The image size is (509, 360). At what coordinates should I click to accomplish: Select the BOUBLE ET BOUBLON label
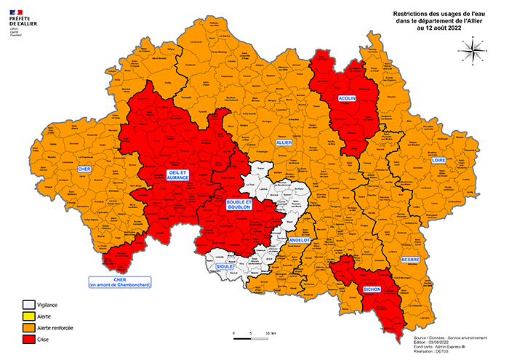[x=238, y=204]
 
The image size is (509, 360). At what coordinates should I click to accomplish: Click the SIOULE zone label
[x=225, y=267]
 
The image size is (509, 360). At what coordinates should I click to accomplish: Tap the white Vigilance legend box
[x=28, y=305]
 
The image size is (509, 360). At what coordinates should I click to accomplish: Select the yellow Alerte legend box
[x=28, y=317]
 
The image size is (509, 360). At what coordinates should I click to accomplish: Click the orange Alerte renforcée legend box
[x=28, y=329]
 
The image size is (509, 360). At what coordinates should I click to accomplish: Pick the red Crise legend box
[x=28, y=340]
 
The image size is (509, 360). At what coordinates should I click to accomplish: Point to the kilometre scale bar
[x=251, y=335]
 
